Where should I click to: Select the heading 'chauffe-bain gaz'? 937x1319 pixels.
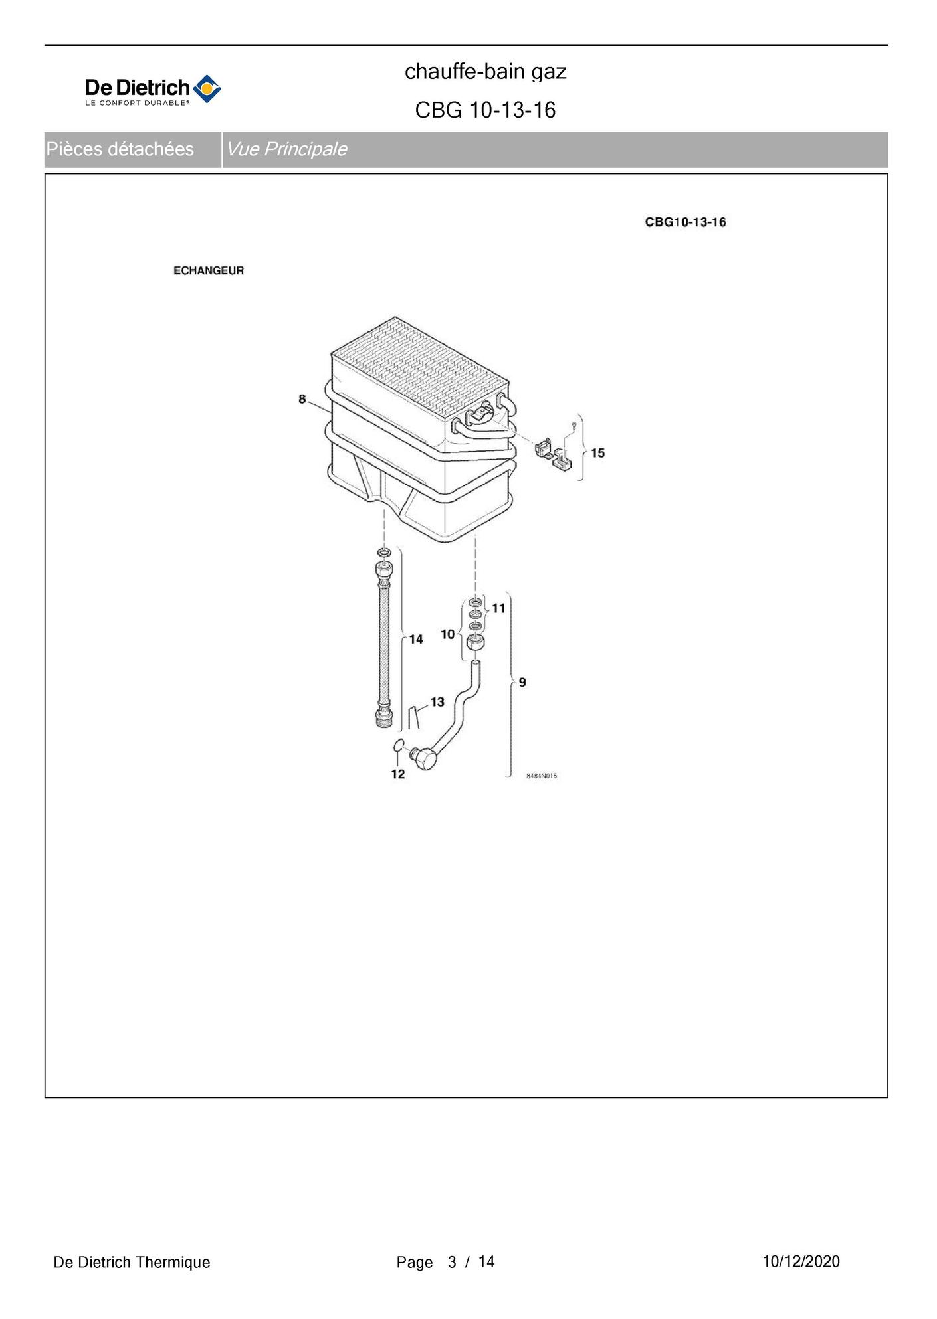tap(485, 72)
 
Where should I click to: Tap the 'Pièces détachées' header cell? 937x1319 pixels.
tap(120, 149)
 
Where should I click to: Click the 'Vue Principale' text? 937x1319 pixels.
tap(286, 149)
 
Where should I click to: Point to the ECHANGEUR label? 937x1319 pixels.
tap(209, 271)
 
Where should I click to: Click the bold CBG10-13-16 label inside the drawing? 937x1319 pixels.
tap(685, 222)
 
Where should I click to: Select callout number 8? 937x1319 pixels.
tap(302, 399)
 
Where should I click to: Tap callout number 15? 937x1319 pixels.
tap(597, 453)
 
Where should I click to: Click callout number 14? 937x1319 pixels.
tap(416, 639)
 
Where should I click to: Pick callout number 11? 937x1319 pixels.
tap(498, 608)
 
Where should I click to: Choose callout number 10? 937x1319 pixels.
tap(447, 634)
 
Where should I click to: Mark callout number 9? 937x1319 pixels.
tap(522, 682)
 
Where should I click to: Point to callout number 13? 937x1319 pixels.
tap(437, 702)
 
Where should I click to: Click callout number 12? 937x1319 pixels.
tap(398, 774)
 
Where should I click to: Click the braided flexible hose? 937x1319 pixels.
tap(385, 644)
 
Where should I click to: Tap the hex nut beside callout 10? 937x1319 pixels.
tap(475, 642)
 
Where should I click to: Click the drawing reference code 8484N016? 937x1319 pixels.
tap(542, 776)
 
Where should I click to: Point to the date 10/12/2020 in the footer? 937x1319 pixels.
tap(801, 1262)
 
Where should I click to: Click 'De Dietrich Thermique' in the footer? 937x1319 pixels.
tap(132, 1263)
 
